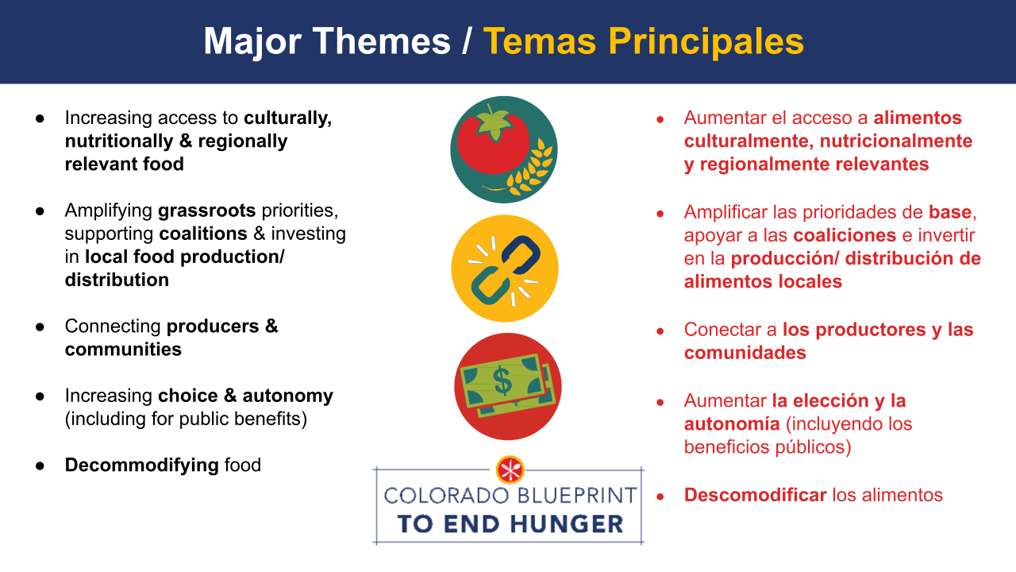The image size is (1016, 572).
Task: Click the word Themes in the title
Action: pyautogui.click(x=382, y=41)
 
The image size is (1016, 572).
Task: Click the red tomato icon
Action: pyautogui.click(x=493, y=142)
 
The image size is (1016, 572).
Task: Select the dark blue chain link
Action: pyautogui.click(x=521, y=255)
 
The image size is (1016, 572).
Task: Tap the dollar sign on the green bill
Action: pyautogui.click(x=502, y=381)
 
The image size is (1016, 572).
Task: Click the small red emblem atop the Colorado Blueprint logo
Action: pyautogui.click(x=510, y=470)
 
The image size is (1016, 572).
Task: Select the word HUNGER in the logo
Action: pyautogui.click(x=567, y=524)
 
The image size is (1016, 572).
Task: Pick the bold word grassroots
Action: pyautogui.click(x=207, y=211)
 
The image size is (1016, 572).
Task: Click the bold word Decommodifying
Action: pyautogui.click(x=142, y=466)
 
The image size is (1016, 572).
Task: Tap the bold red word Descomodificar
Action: pyautogui.click(x=755, y=495)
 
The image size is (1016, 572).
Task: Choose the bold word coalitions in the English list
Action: pyautogui.click(x=203, y=234)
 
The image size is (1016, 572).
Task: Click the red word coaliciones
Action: pyautogui.click(x=845, y=235)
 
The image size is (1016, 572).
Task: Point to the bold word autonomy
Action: pyautogui.click(x=287, y=396)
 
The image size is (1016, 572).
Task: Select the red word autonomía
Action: pyautogui.click(x=732, y=424)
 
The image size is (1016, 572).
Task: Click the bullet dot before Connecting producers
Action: pyautogui.click(x=40, y=327)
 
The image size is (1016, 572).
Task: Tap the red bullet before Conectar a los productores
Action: pyautogui.click(x=660, y=330)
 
